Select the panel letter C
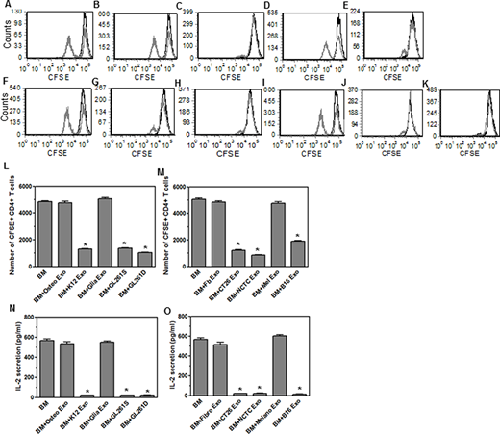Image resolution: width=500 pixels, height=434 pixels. point(207,5)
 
